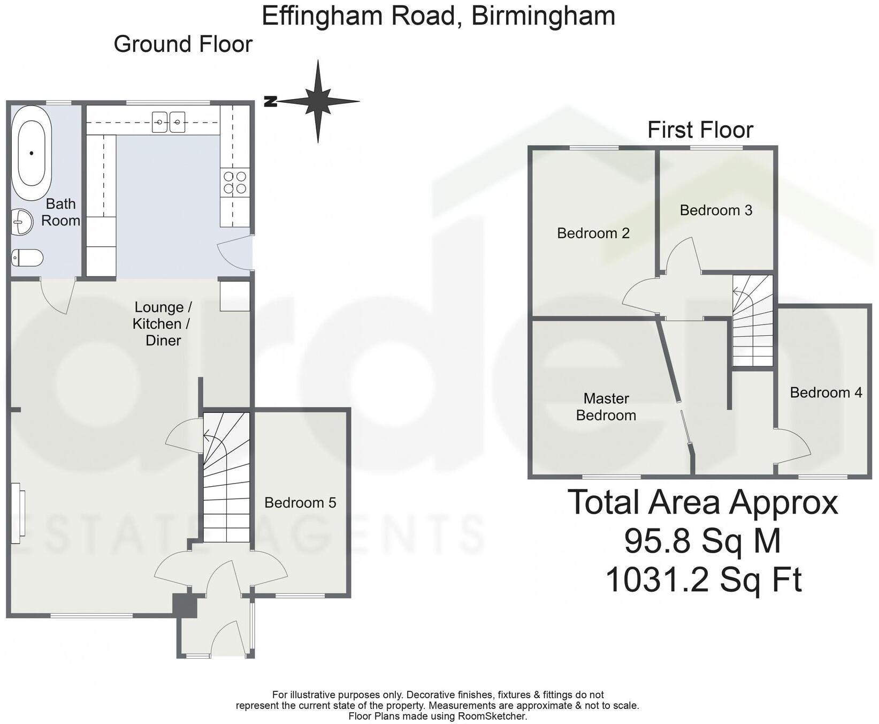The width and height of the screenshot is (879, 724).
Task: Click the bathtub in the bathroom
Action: [32, 153]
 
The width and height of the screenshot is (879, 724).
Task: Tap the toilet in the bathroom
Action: [27, 258]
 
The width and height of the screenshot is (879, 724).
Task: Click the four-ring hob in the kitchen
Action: [235, 182]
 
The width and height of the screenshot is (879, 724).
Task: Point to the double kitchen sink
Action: [169, 122]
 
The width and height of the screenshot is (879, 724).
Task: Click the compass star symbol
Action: [318, 101]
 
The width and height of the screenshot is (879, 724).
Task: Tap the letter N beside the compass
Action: [271, 101]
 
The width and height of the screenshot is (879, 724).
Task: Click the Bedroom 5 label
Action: [300, 503]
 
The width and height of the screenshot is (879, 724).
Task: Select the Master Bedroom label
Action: [606, 407]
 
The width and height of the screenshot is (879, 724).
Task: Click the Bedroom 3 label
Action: [716, 210]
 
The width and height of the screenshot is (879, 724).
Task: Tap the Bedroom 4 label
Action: [826, 393]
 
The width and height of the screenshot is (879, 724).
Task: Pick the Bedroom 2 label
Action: [593, 233]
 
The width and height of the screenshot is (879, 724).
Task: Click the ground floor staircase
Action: [227, 477]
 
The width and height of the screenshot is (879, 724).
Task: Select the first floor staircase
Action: [753, 321]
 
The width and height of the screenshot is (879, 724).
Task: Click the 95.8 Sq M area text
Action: [702, 541]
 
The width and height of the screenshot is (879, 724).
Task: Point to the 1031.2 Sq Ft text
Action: [703, 579]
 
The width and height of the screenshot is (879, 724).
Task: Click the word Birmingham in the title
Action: [543, 16]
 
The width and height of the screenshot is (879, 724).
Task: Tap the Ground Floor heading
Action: [183, 44]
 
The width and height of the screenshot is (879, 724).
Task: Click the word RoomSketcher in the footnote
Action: [492, 716]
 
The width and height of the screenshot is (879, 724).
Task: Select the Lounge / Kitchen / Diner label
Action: [163, 324]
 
